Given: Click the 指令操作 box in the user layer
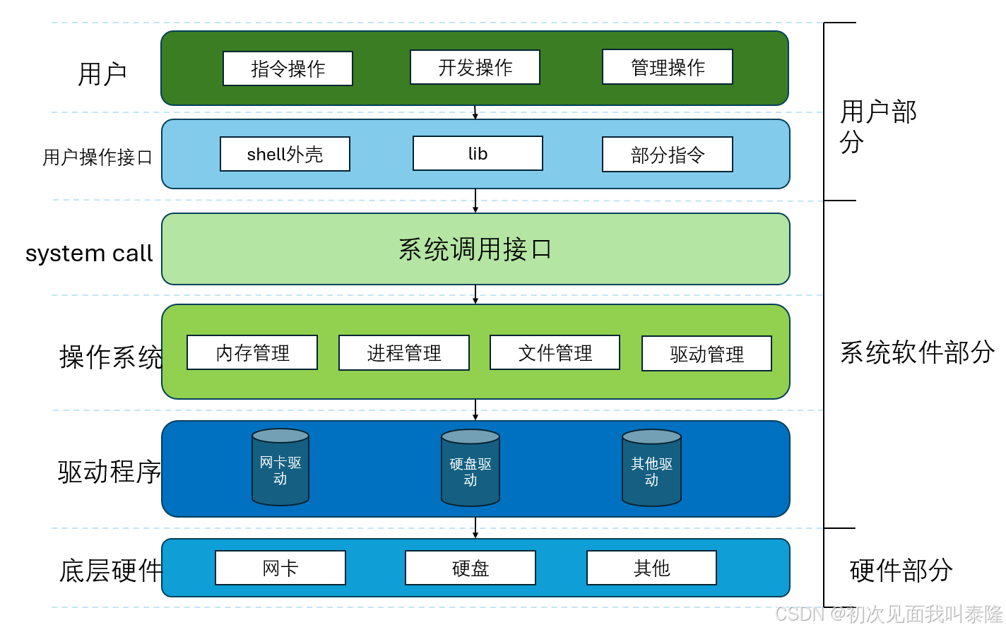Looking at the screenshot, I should pos(288,68).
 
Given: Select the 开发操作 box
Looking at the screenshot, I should pos(475,67).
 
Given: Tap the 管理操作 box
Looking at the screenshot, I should pos(667,67).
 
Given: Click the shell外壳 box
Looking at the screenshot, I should pos(285,154).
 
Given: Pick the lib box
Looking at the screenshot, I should pos(478,153).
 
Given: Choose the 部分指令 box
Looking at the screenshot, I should pos(667,155).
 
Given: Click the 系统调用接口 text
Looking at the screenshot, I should pos(475,249).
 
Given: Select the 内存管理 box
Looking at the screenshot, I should pos(252,352).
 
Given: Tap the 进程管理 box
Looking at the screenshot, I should pos(403,352).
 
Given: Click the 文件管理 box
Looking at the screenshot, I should pos(555,352).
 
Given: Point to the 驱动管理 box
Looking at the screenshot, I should pos(706,354).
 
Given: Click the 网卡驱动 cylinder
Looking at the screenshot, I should pos(280,469).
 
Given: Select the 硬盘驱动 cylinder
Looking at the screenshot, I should pos(471,470).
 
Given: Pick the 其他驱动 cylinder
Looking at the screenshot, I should pos(651,470).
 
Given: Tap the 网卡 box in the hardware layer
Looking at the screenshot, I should pos(280,568).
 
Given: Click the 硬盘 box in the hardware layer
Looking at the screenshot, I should pos(471,568).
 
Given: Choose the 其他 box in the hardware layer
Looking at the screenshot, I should pos(651,568).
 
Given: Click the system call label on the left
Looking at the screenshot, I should pos(89,253).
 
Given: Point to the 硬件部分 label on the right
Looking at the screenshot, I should pos(901,570).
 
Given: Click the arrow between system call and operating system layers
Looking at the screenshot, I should pos(475,294).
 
